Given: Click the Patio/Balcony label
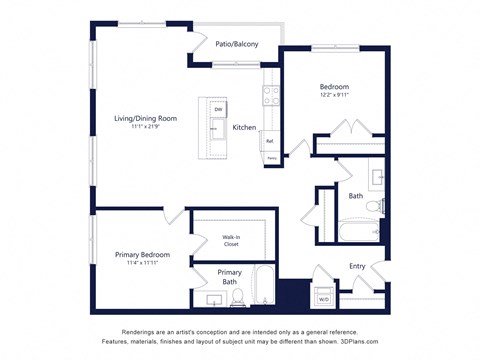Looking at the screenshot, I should [237, 44].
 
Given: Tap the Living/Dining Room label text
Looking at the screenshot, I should [145, 118].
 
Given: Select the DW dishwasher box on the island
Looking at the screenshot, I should [217, 109].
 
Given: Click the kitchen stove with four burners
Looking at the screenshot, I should [271, 95].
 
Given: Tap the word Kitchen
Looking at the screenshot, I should [245, 128].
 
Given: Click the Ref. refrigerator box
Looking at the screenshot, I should [270, 141].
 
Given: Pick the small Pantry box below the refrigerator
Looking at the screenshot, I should [271, 158].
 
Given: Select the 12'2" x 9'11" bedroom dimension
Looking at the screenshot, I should [334, 96].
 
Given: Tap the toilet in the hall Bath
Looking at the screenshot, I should [373, 206].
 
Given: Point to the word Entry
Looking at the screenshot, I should [357, 266].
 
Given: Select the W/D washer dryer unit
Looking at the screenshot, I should [323, 298].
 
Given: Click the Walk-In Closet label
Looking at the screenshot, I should [231, 240].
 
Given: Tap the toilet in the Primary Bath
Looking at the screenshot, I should [237, 296].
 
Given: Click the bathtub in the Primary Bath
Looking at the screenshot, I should [262, 286].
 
